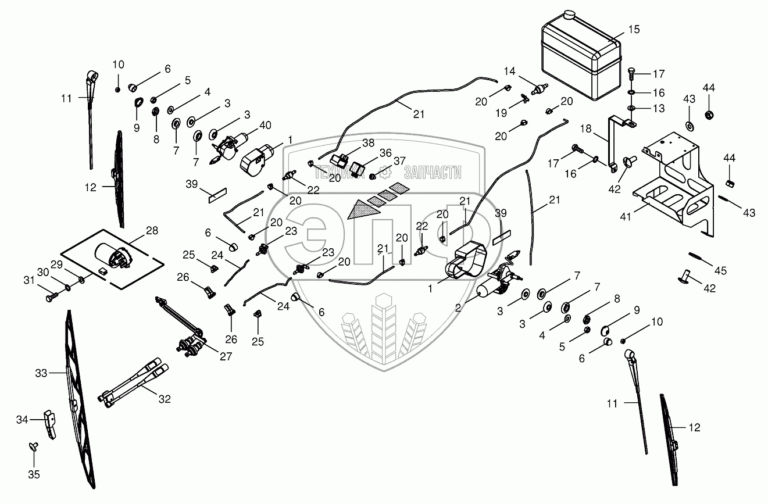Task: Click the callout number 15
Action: pos(634,30)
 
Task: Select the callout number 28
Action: pos(152,231)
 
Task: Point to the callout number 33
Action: pos(41,373)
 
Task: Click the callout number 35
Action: pos(34,474)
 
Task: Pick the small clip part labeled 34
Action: pos(50,424)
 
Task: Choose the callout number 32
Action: pos(165,399)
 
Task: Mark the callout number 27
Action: pos(226,356)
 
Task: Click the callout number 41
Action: pos(626,217)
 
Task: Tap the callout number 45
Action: pos(720,271)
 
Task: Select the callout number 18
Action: pos(585,129)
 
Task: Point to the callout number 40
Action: pos(265,125)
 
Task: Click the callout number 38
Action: pos(368,142)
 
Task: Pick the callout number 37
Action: pos(399,161)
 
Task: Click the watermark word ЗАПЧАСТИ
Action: pos(433,172)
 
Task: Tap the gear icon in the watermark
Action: pos(385,171)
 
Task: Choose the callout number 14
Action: pos(509,72)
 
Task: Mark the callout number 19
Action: pos(501,113)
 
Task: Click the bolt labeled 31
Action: pos(52,296)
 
